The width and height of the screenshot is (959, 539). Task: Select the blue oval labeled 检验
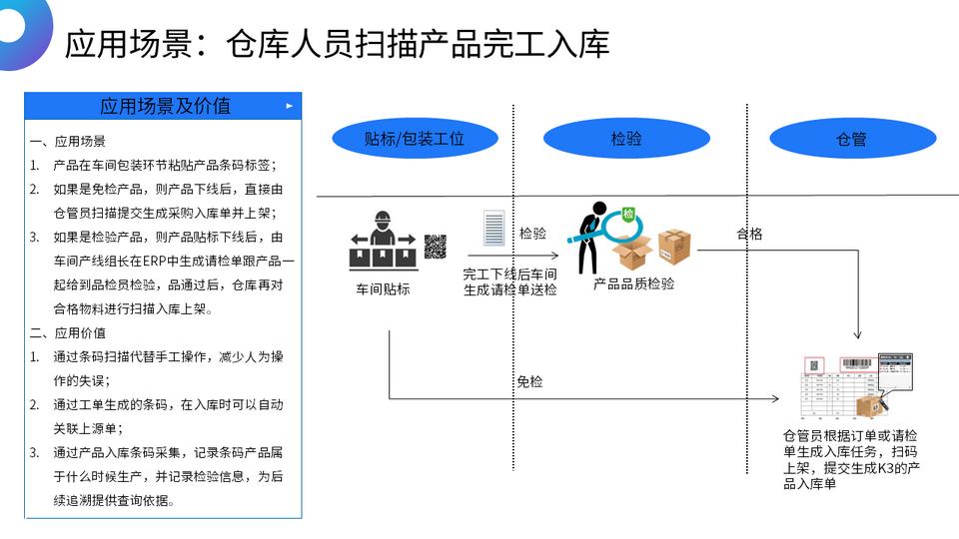(x=626, y=139)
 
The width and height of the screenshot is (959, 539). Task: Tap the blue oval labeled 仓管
(x=851, y=139)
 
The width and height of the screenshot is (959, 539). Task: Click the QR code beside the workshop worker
(x=435, y=247)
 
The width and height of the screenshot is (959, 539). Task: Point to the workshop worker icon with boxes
(x=381, y=243)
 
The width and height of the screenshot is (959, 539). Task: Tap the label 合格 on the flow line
(x=749, y=234)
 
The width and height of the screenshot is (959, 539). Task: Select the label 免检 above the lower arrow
(x=529, y=381)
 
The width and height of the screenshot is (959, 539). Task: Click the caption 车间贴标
(x=383, y=289)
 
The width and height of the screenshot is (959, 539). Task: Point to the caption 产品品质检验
(x=633, y=283)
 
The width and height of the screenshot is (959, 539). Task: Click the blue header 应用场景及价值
(x=165, y=106)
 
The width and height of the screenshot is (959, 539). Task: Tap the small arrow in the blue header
(x=290, y=105)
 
